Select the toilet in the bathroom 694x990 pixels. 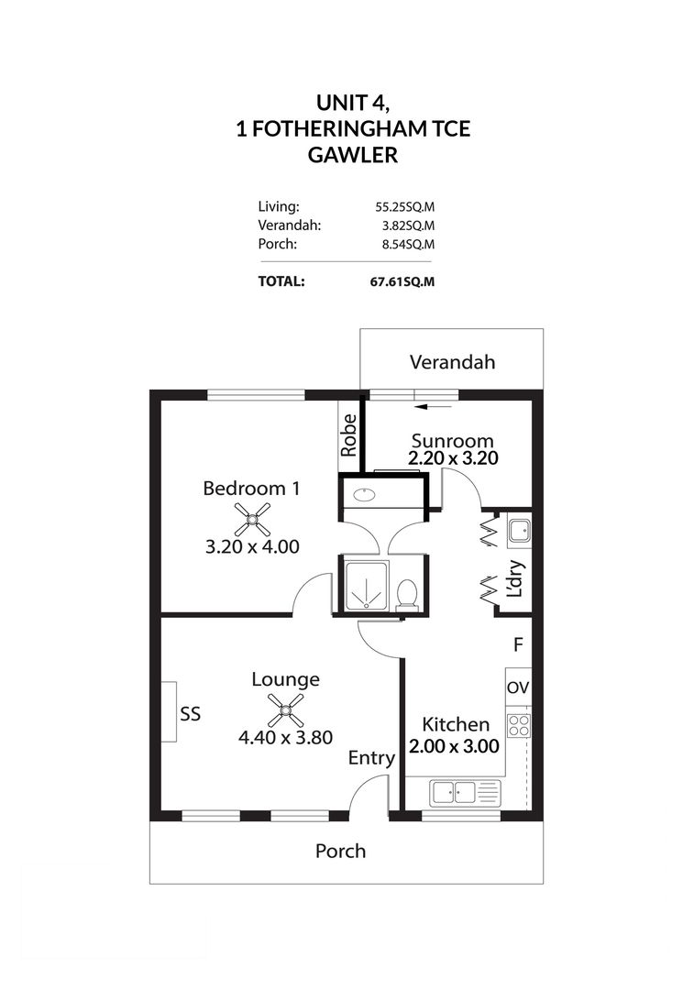coord(408,595)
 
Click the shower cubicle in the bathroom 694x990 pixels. coord(366,584)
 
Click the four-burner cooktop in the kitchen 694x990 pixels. coord(518,725)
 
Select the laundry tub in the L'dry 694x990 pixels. coord(518,529)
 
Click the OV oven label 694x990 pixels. coord(517,687)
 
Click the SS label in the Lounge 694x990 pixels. coord(191,713)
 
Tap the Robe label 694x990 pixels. coord(349,435)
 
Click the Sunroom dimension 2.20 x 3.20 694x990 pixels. coord(453,459)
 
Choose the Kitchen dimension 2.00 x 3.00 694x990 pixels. coord(454,746)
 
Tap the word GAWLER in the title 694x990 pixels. coord(353,155)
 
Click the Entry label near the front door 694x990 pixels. coord(371,758)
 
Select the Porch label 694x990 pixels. coord(340,851)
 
